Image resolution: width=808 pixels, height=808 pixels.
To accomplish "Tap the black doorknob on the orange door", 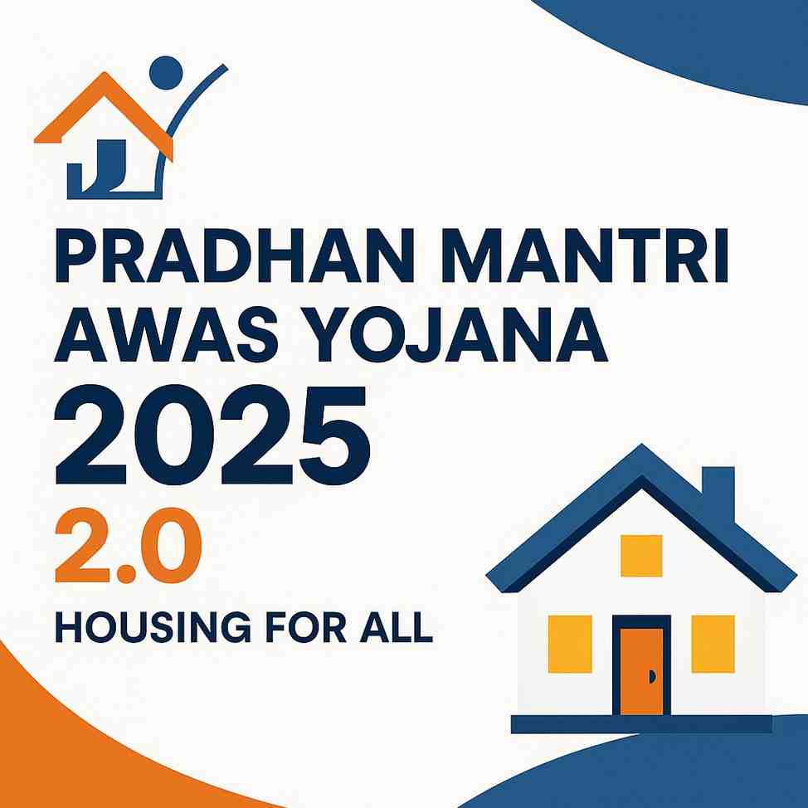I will (653, 677).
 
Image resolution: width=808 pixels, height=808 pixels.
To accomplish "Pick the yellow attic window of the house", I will (641, 556).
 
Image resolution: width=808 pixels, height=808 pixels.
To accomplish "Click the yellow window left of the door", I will (570, 643).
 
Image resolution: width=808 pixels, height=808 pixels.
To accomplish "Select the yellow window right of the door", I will (713, 643).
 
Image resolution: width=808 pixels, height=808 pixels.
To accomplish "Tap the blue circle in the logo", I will (167, 73).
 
